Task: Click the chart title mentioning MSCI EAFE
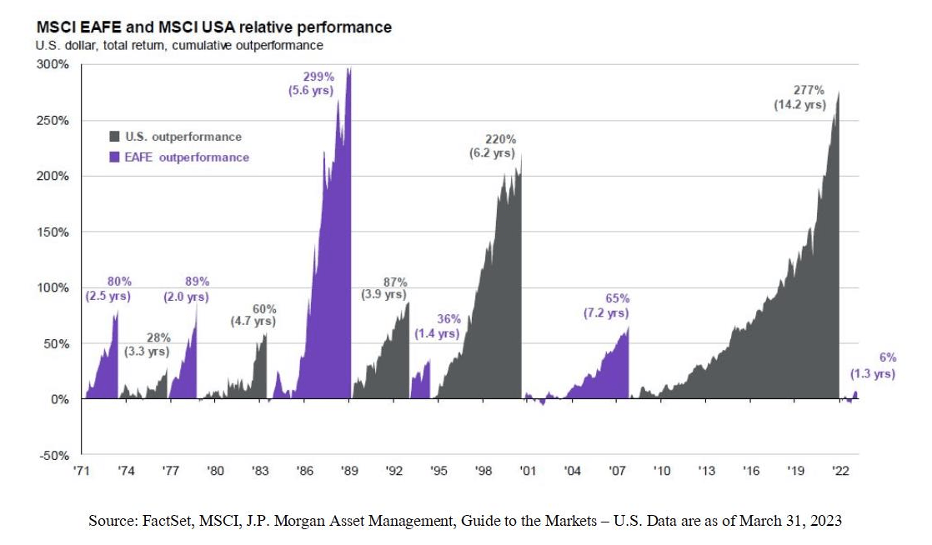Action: (x=213, y=27)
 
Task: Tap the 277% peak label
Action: (x=801, y=90)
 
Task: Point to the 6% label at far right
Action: (x=889, y=358)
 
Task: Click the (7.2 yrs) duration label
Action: (x=606, y=313)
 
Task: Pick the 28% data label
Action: (x=158, y=337)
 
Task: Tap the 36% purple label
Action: (x=448, y=319)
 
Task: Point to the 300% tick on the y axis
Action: (x=54, y=65)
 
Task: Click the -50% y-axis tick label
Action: (x=54, y=456)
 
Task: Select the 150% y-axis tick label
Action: (x=54, y=232)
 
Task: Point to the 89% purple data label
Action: (x=197, y=282)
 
